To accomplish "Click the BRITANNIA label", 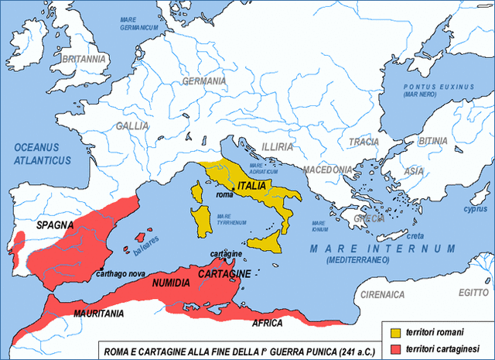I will pos(84,59).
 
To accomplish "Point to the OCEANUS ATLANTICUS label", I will pos(42,154).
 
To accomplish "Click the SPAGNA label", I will pos(54,225).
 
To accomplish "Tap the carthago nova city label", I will pos(121,273).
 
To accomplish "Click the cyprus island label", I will pos(475,208).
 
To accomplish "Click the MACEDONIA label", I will pos(328,169).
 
